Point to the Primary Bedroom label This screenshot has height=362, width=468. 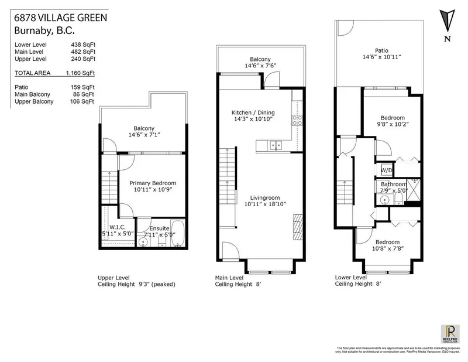153,183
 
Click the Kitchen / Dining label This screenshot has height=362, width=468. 253,112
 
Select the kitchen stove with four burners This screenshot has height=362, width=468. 297,120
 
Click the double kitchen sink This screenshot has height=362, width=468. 274,145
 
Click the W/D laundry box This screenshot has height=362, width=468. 387,170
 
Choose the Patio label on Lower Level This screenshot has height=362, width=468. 375,51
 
